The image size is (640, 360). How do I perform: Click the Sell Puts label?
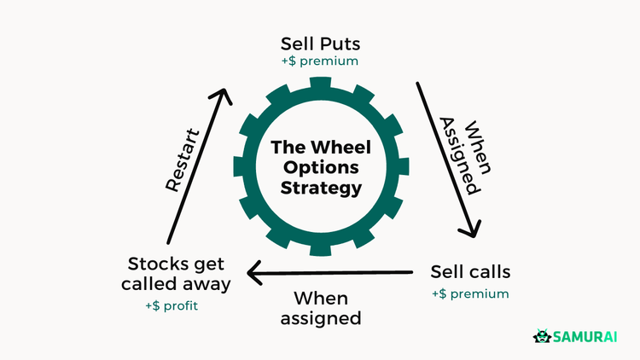coord(320,44)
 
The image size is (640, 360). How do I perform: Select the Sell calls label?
coord(470,272)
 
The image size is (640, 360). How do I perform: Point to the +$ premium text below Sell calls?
coord(470,294)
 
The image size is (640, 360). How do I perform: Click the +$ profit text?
coord(171,305)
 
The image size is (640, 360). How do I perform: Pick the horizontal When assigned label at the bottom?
coord(327,308)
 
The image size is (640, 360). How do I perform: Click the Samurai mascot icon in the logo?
coord(540,337)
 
